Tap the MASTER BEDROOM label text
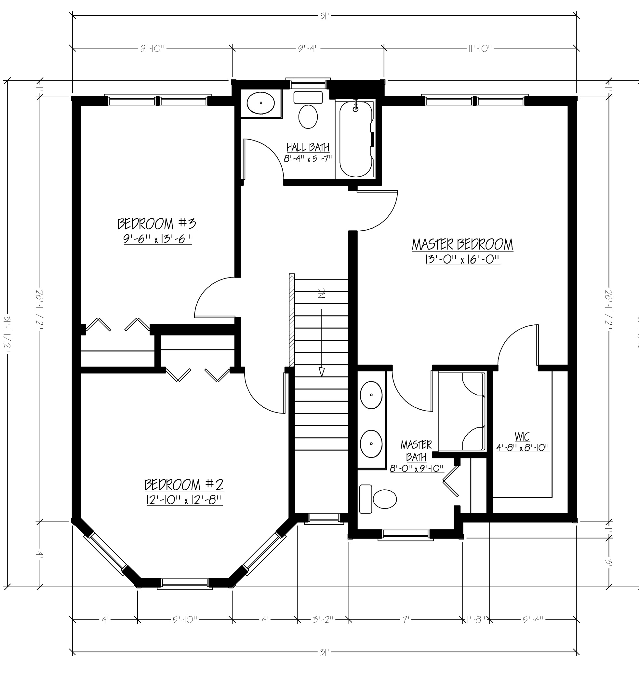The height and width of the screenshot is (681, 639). [462, 245]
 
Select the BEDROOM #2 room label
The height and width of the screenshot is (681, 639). [184, 485]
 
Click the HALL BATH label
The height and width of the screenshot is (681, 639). [308, 148]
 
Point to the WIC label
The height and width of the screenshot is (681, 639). [522, 437]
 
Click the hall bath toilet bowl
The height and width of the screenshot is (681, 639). [308, 117]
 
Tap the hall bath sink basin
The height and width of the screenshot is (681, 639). [261, 103]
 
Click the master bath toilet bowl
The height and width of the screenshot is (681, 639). [385, 499]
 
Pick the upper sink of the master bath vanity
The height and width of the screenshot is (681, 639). [371, 395]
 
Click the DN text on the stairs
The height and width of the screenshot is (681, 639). [321, 293]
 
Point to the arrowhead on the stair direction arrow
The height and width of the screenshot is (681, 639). [321, 372]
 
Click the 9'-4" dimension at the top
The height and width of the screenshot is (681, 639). [308, 48]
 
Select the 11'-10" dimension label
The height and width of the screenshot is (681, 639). [480, 48]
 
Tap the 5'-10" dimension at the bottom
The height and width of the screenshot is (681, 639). [185, 620]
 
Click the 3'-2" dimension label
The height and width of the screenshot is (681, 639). [323, 620]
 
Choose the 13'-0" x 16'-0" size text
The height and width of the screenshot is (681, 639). [462, 260]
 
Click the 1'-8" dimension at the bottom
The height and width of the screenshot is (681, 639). [476, 620]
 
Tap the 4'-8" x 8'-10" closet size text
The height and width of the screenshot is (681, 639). [523, 447]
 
